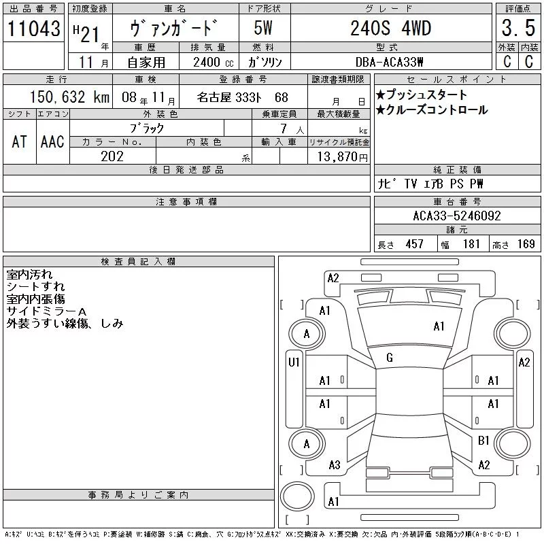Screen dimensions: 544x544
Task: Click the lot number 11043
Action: click(33, 29)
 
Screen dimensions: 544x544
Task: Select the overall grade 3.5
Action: click(518, 28)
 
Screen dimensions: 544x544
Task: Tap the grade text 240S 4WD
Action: click(390, 28)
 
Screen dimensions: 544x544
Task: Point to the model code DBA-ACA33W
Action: click(389, 62)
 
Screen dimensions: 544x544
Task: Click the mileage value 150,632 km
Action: click(69, 97)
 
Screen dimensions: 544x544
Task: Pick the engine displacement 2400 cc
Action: click(213, 63)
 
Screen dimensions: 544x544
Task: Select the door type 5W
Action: click(263, 28)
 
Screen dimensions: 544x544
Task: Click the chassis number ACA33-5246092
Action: click(456, 216)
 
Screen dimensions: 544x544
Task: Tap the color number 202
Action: click(112, 156)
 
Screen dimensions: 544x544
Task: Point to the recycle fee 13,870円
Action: click(342, 157)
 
